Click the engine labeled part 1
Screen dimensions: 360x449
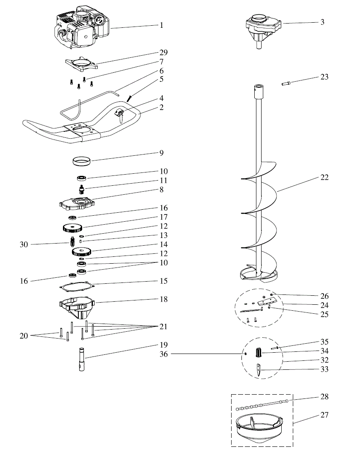(x=82, y=27)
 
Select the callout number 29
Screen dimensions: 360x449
(x=163, y=52)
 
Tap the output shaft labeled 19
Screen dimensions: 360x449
(x=82, y=359)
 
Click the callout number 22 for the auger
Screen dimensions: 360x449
(x=324, y=177)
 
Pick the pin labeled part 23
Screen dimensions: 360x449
(x=286, y=83)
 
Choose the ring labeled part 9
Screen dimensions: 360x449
(x=81, y=161)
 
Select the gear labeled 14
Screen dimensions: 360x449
(x=82, y=252)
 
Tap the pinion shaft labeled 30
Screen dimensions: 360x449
(x=72, y=242)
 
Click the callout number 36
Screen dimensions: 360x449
(x=163, y=354)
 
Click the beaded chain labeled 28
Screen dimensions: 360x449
(x=265, y=404)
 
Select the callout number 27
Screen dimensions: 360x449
(x=324, y=415)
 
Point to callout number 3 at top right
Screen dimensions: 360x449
(x=322, y=22)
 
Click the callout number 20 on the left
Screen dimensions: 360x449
(x=24, y=336)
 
